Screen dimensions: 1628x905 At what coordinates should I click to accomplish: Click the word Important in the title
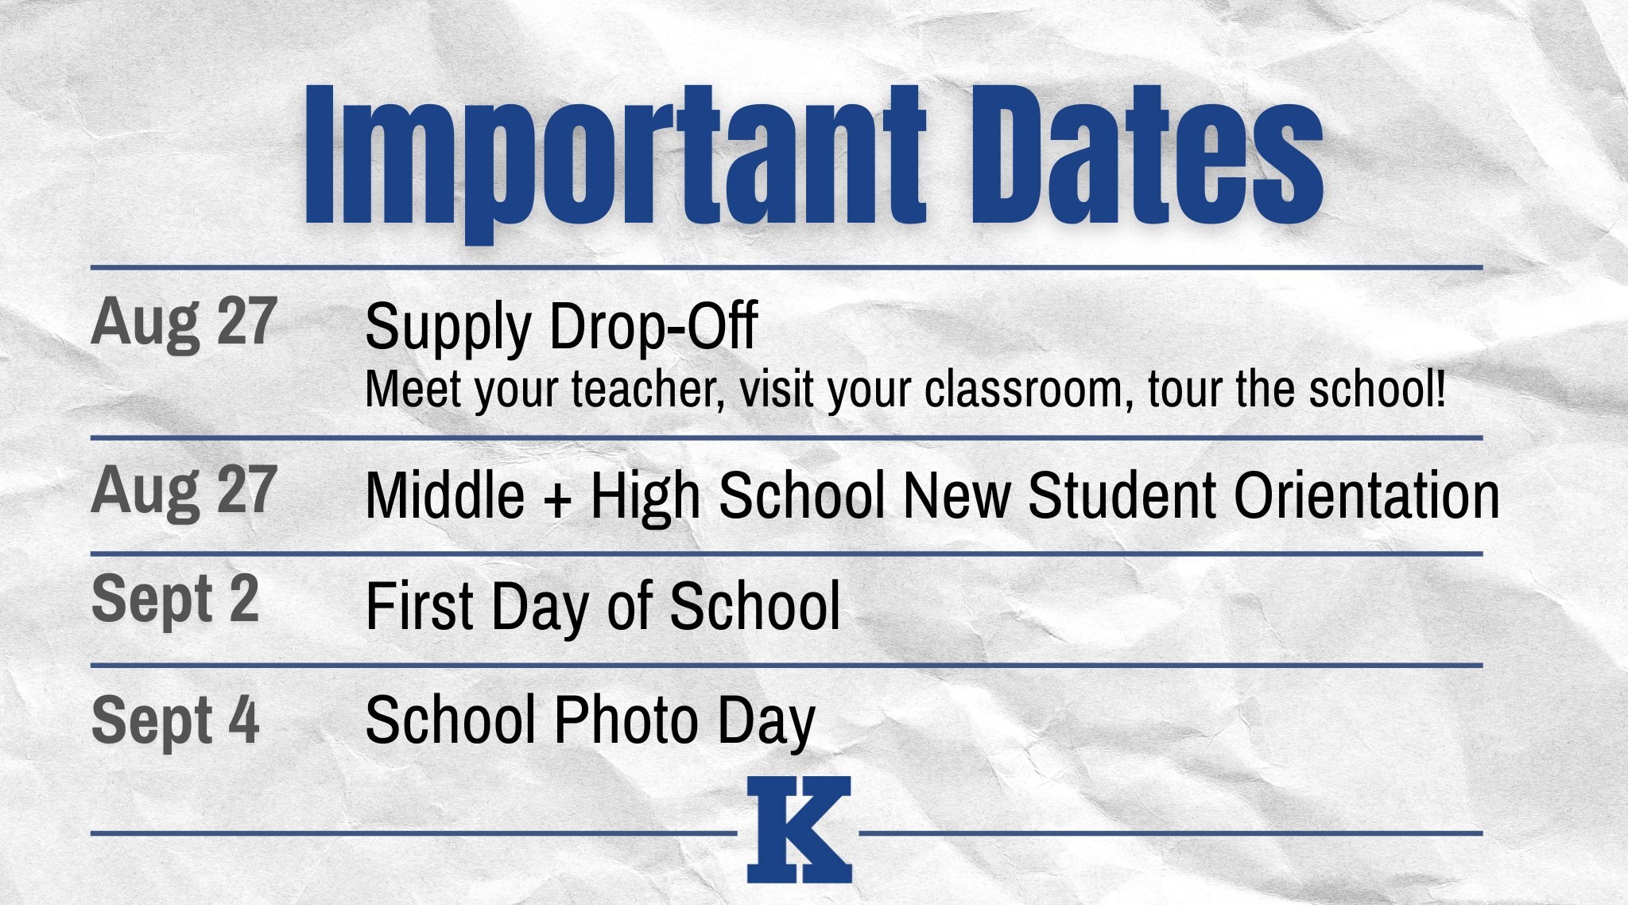tap(615, 156)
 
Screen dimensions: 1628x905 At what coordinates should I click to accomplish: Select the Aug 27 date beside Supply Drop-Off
tap(184, 323)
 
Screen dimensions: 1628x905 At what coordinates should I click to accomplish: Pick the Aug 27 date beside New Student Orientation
tap(184, 491)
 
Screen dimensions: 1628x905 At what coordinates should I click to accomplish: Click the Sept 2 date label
tap(176, 601)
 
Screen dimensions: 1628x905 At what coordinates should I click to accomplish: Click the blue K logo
tap(799, 829)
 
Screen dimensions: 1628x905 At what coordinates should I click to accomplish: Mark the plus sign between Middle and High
tap(557, 499)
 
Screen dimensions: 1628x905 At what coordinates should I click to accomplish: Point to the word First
tap(421, 606)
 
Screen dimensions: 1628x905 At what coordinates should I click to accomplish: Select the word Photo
tap(626, 720)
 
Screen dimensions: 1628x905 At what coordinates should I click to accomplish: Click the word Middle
tap(445, 495)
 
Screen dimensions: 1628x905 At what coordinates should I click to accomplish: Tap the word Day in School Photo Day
tap(766, 723)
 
